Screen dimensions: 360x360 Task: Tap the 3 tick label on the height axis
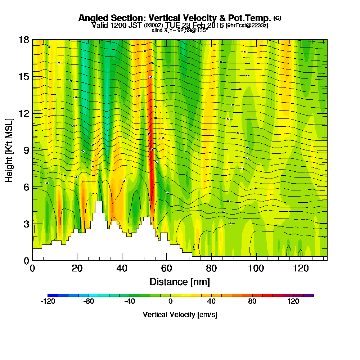pyautogui.click(x=26, y=224)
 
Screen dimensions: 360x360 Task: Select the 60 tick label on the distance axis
pyautogui.click(x=166, y=268)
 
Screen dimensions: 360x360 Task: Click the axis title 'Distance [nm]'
pyautogui.click(x=180, y=282)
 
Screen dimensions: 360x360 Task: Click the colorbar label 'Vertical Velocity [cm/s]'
pyautogui.click(x=180, y=315)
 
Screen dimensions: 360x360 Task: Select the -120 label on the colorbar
pyautogui.click(x=48, y=302)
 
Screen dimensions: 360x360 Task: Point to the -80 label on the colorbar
pyautogui.click(x=89, y=302)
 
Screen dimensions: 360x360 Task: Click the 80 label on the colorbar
pyautogui.click(x=252, y=302)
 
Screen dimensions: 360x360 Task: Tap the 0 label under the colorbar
pyautogui.click(x=170, y=302)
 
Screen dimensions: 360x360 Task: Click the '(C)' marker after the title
pyautogui.click(x=277, y=18)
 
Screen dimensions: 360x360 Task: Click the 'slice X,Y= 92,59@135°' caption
pyautogui.click(x=180, y=30)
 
